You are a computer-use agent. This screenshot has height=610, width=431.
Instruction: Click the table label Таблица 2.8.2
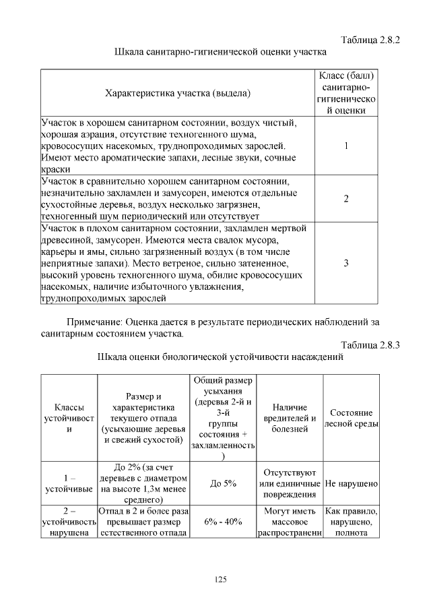click(370, 39)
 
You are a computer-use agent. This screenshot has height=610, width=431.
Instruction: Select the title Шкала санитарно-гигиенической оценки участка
click(221, 52)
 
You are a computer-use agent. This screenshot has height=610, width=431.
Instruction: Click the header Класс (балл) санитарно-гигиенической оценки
click(345, 93)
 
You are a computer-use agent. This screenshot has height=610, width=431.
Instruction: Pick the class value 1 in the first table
click(345, 146)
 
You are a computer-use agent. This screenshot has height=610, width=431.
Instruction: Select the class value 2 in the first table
click(345, 199)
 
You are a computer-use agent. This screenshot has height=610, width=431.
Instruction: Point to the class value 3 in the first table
click(345, 264)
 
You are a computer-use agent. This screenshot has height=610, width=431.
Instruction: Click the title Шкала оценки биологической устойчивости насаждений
click(221, 357)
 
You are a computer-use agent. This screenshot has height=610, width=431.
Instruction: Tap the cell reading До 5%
click(222, 484)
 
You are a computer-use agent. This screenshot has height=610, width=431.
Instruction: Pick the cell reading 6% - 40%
click(222, 522)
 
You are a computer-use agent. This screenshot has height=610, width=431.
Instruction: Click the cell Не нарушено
click(351, 484)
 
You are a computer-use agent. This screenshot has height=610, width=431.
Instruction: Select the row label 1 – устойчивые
click(69, 484)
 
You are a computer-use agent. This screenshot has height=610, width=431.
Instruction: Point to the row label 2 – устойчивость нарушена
click(69, 522)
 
